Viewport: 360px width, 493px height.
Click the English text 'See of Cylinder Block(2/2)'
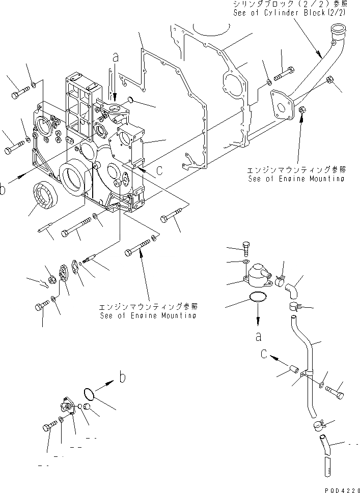(290, 13)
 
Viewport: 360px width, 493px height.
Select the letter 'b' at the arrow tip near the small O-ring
(122, 377)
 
